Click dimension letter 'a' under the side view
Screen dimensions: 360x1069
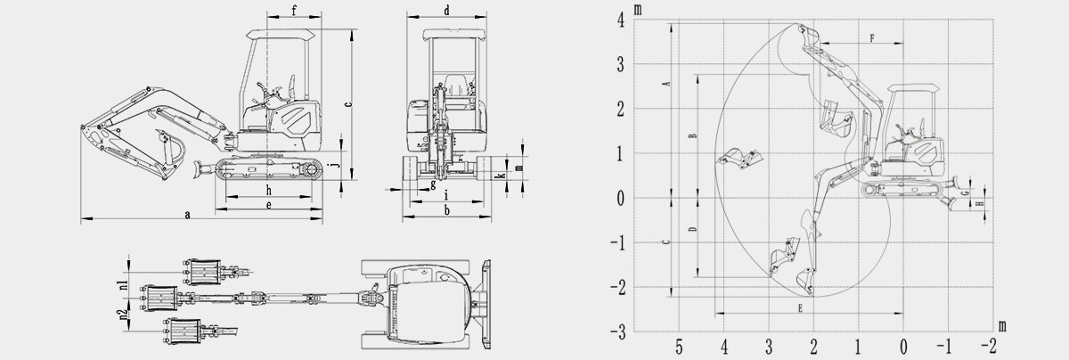pos(186,215)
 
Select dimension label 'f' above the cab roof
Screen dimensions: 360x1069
pos(293,11)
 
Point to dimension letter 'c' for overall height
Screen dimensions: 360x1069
pos(347,104)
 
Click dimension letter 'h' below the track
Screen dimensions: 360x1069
pos(268,191)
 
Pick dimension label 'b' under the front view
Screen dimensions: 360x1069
pos(446,210)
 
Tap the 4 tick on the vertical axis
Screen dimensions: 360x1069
pos(620,21)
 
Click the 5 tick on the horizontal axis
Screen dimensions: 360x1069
pos(679,347)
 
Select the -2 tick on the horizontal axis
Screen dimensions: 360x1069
pos(987,347)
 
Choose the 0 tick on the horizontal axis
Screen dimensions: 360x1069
pos(903,347)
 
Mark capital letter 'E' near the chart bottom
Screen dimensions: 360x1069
pos(801,307)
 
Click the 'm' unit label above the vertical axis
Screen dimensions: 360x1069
pos(638,9)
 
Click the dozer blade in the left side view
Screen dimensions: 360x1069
pos(201,168)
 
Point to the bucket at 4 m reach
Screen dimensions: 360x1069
pos(739,158)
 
